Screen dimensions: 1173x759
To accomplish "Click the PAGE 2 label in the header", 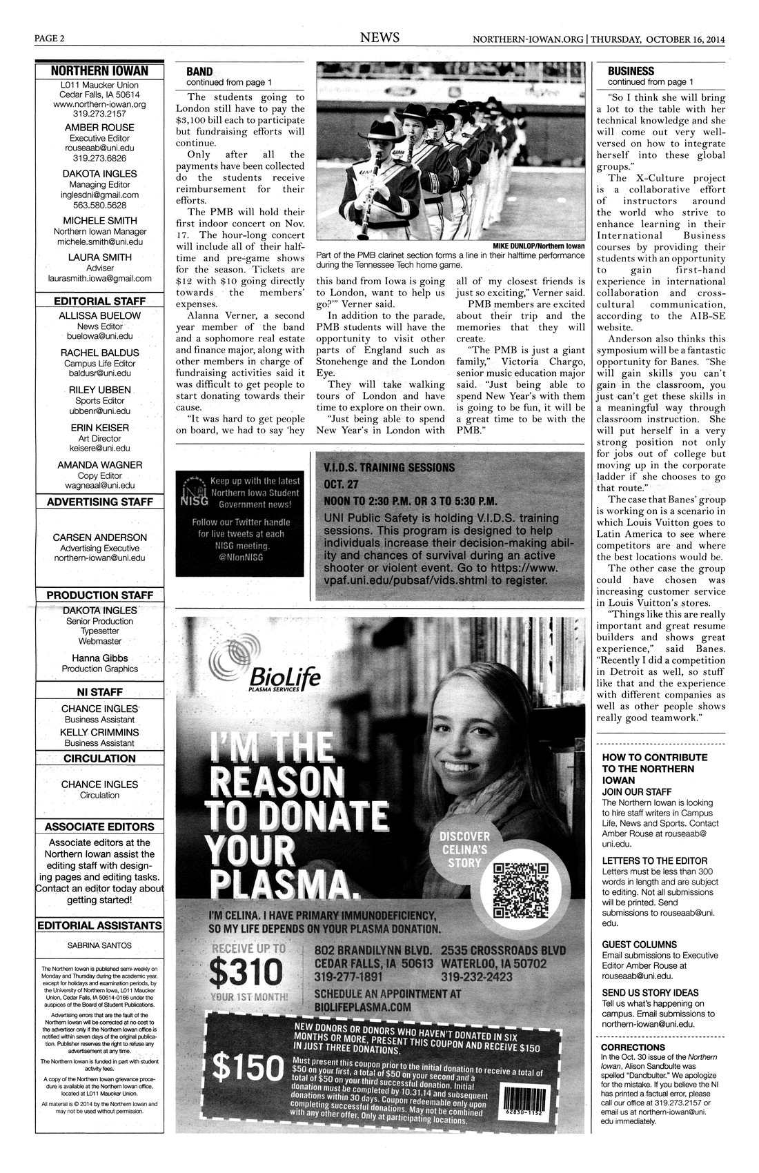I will click(x=50, y=39).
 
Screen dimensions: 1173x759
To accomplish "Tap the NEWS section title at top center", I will click(x=379, y=38).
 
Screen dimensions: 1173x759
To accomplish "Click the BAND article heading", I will click(x=199, y=71).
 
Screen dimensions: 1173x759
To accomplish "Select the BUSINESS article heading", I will click(x=631, y=71).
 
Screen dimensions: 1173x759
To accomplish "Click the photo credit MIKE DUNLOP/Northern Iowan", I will click(x=538, y=246).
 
